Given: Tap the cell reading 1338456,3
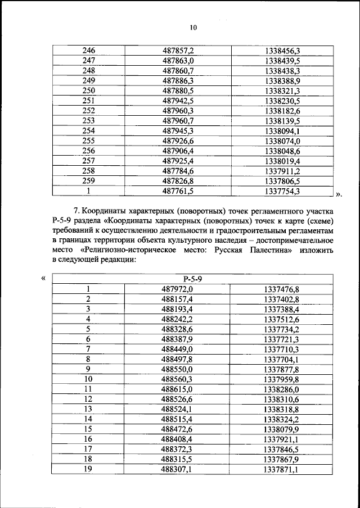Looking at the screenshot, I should pyautogui.click(x=281, y=51).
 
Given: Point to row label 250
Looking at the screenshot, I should pyautogui.click(x=88, y=91).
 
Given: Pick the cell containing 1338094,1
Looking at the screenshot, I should pyautogui.click(x=281, y=131).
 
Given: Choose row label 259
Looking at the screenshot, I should pyautogui.click(x=88, y=182).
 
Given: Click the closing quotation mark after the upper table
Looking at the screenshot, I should pyautogui.click(x=338, y=194).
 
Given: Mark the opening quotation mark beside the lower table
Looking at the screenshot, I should pyautogui.click(x=43, y=278).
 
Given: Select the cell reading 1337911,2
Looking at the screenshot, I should pyautogui.click(x=281, y=171).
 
